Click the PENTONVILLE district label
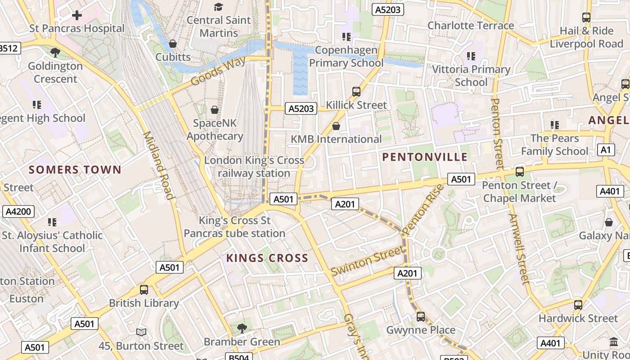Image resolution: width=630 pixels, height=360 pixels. point(425,157)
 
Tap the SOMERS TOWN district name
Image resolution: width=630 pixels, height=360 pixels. point(75,170)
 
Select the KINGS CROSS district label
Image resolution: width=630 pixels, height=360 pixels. point(267,258)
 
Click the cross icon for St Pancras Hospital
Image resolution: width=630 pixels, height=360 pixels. point(77,15)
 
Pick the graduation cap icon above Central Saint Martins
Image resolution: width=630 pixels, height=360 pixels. point(218,7)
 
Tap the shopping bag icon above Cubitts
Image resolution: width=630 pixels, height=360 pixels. point(172,44)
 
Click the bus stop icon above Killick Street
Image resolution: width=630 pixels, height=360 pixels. point(356,92)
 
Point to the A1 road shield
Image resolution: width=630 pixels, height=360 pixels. point(606,150)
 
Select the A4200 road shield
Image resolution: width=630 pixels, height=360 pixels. point(18,211)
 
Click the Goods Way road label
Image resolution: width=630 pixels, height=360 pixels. point(219,71)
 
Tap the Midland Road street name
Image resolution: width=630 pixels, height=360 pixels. point(158,165)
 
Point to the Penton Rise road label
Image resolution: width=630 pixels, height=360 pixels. point(423,209)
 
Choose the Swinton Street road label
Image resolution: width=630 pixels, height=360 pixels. point(367,261)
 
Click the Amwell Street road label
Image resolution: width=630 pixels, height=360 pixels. point(518,249)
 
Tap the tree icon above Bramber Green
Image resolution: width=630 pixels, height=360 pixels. point(242,328)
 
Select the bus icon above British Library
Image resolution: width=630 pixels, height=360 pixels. point(144,290)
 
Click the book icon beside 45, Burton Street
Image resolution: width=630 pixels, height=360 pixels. point(141,333)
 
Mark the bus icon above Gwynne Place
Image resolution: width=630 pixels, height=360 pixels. point(421,317)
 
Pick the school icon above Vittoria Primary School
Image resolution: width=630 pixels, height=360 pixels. point(471,56)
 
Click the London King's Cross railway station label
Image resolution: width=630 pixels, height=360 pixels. point(254,167)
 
